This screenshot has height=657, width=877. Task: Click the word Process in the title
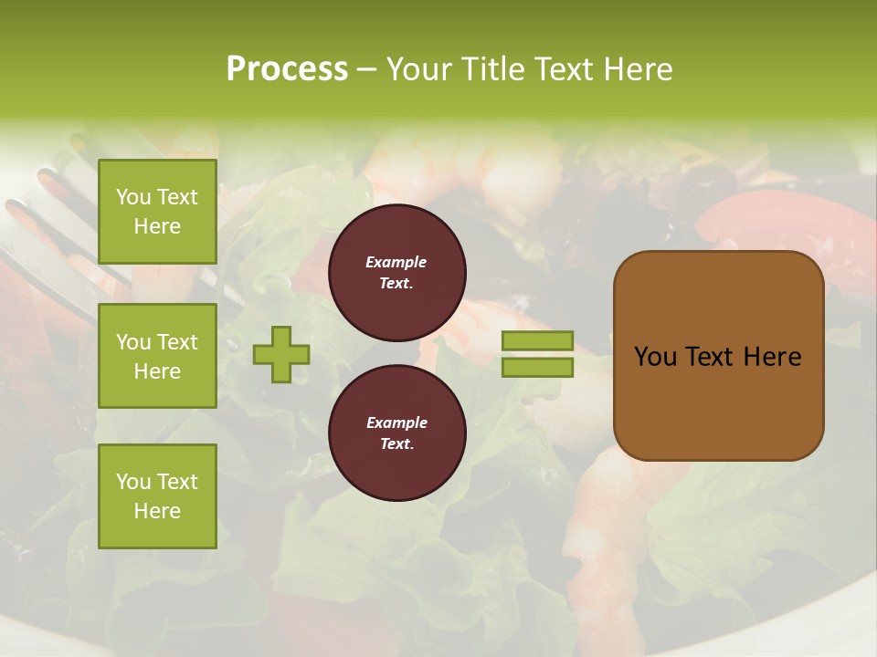click(x=287, y=68)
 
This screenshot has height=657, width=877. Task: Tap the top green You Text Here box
click(x=157, y=212)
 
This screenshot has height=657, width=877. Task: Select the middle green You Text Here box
click(x=157, y=356)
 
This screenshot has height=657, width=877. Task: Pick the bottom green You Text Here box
click(x=157, y=495)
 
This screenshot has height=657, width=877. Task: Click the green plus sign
click(x=281, y=354)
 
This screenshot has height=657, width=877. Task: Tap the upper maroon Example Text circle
click(x=396, y=273)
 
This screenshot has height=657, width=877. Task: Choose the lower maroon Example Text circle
click(x=396, y=433)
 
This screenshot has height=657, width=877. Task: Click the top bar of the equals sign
click(x=537, y=340)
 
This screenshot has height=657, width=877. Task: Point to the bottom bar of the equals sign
click(x=537, y=367)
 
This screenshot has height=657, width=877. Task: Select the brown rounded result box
click(x=718, y=401)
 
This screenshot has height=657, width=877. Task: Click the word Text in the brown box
click(x=707, y=357)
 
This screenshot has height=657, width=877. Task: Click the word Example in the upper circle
click(x=396, y=262)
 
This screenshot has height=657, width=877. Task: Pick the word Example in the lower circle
click(x=396, y=422)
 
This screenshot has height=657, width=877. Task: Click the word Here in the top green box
click(x=157, y=226)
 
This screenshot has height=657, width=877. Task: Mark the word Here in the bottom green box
click(x=157, y=511)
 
